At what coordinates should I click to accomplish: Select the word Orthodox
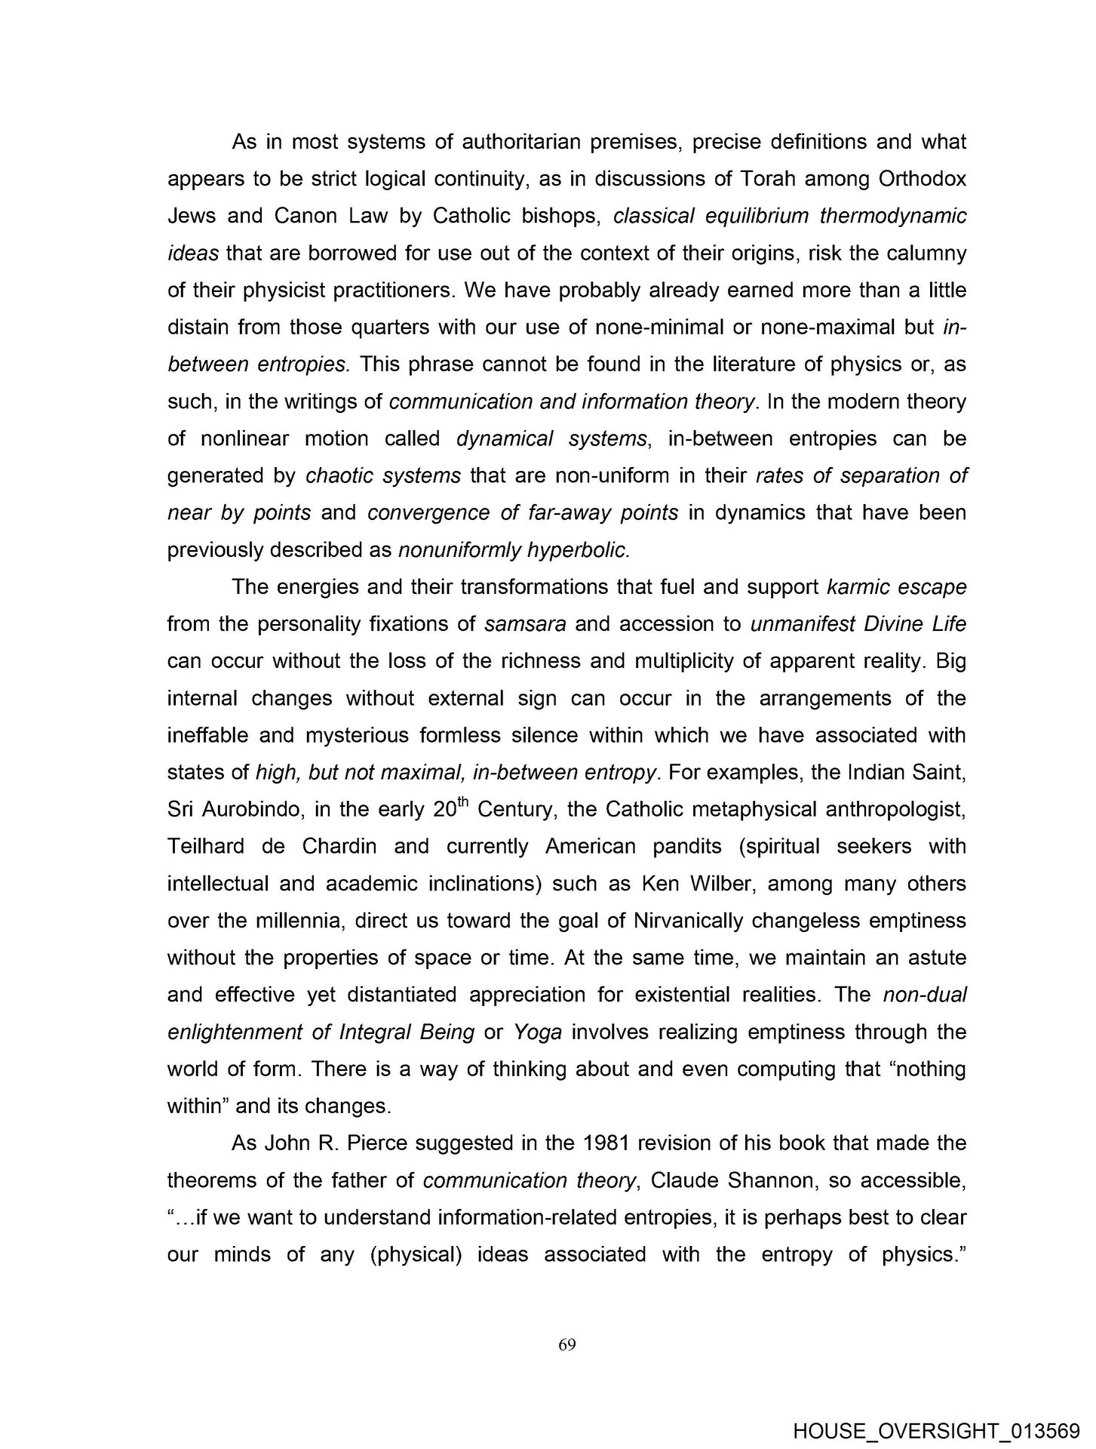pos(923,179)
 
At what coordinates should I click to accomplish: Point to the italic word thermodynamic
pos(892,216)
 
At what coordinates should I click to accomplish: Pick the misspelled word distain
pos(196,327)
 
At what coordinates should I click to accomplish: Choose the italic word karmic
pos(857,586)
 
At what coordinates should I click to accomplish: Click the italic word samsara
pos(526,624)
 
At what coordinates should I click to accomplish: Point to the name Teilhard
pos(206,846)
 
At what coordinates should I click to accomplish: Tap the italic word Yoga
pos(537,1031)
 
